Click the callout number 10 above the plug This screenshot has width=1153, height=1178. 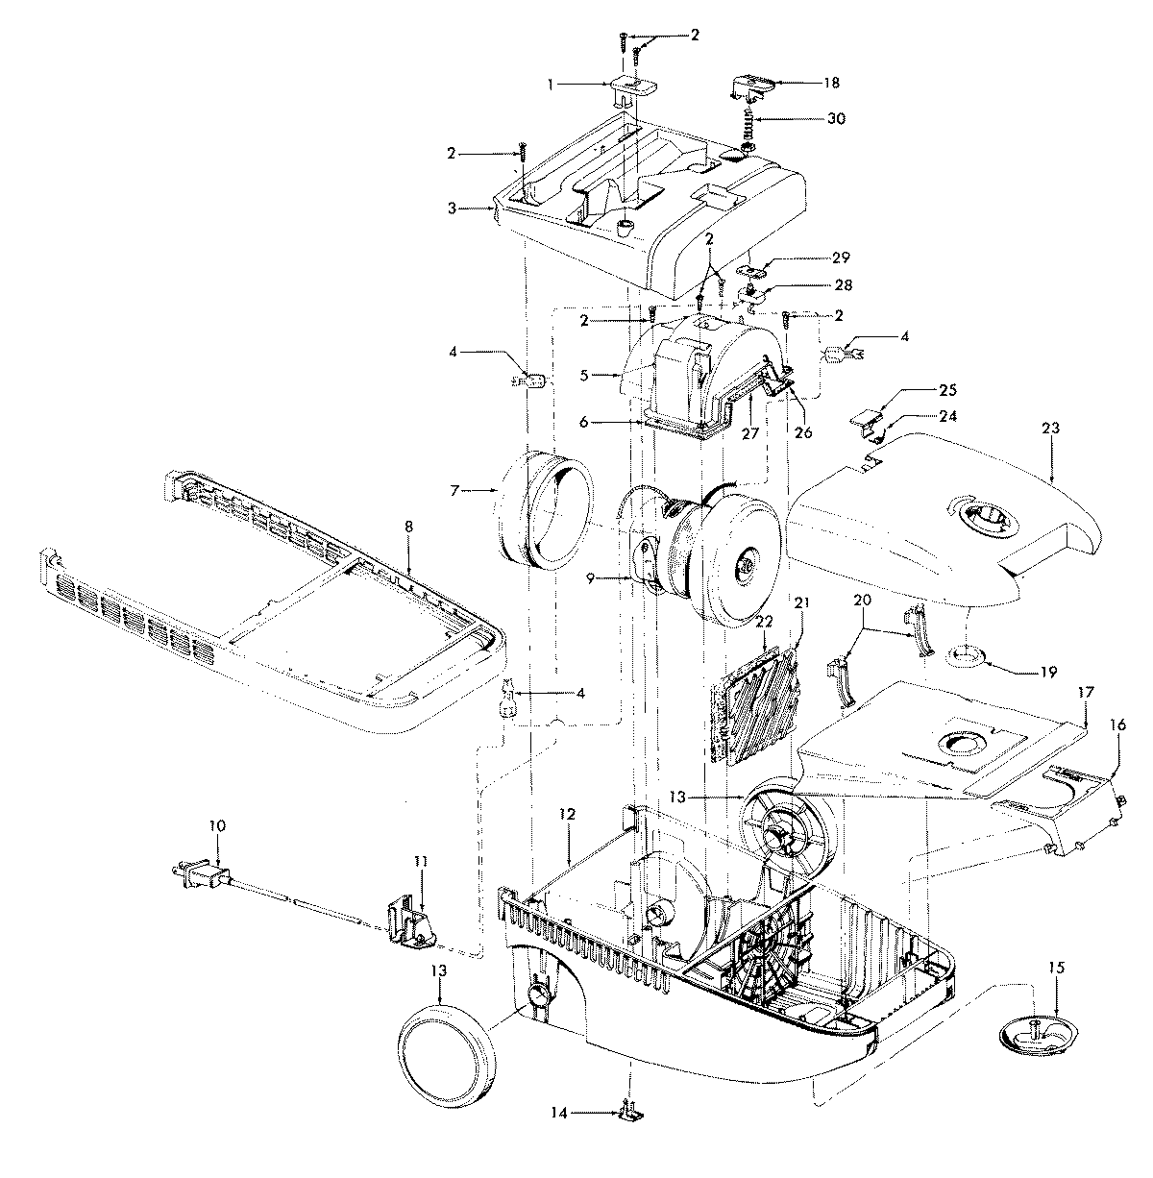point(217,825)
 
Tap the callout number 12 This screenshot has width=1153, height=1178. point(569,814)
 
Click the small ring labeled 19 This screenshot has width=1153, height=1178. point(967,656)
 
